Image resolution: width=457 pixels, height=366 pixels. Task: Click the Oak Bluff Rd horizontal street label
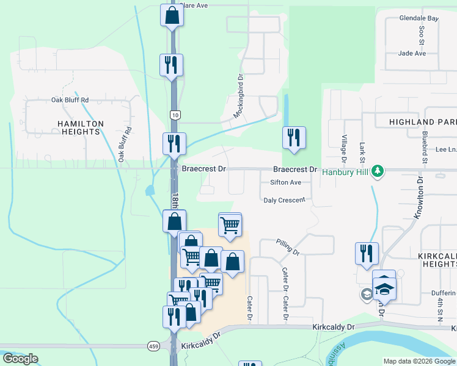70,100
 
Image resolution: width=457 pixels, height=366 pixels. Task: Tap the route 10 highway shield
175,115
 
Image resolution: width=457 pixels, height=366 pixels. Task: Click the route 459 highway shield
153,346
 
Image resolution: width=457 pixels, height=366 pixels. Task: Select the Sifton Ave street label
286,182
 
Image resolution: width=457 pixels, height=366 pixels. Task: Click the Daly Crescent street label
284,200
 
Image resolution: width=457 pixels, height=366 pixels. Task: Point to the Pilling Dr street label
287,246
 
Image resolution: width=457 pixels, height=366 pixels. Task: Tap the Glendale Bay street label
419,18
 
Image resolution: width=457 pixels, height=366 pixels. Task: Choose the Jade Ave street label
412,54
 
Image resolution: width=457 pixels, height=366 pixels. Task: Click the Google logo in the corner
21,359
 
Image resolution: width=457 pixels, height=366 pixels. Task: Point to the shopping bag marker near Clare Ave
172,15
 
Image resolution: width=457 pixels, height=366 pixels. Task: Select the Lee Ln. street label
446,149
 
